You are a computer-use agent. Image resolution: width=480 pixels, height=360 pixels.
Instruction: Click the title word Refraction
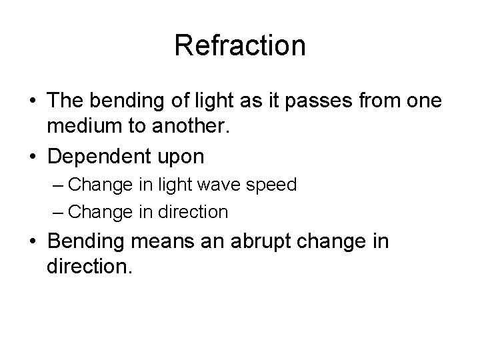pos(239,46)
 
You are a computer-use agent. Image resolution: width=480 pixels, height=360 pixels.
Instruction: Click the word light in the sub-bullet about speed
pos(180,185)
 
